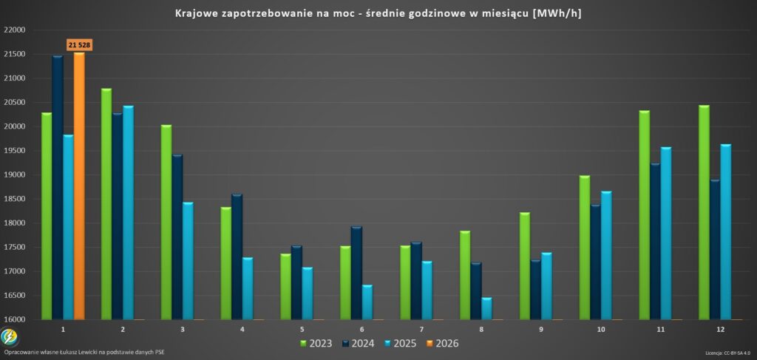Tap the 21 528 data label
click(x=79, y=45)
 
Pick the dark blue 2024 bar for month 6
click(x=356, y=274)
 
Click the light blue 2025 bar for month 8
click(x=487, y=309)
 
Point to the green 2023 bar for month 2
click(x=106, y=204)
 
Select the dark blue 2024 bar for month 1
click(x=58, y=188)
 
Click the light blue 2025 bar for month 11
click(x=666, y=234)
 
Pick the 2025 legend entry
click(x=399, y=344)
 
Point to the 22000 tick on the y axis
click(x=15, y=30)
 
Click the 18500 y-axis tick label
click(x=15, y=199)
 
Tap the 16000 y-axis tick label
click(x=15, y=319)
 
